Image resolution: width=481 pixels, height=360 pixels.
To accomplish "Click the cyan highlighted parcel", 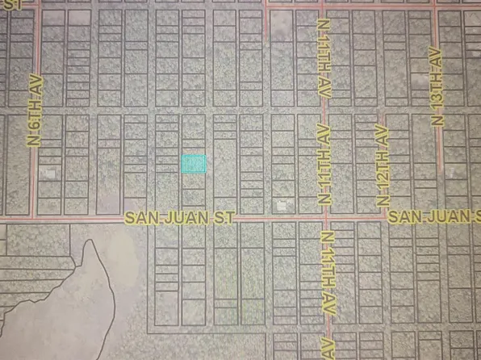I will pos(194,164).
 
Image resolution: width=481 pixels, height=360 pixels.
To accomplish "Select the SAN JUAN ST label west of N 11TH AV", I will pos(179,218).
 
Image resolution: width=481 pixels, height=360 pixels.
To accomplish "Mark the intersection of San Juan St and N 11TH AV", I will pos(326,218).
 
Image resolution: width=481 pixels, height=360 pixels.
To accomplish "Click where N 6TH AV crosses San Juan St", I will pos(31,218).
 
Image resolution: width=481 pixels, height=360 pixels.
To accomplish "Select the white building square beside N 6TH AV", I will pos(50,173).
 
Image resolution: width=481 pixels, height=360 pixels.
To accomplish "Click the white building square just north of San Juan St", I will pos(282,206).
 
